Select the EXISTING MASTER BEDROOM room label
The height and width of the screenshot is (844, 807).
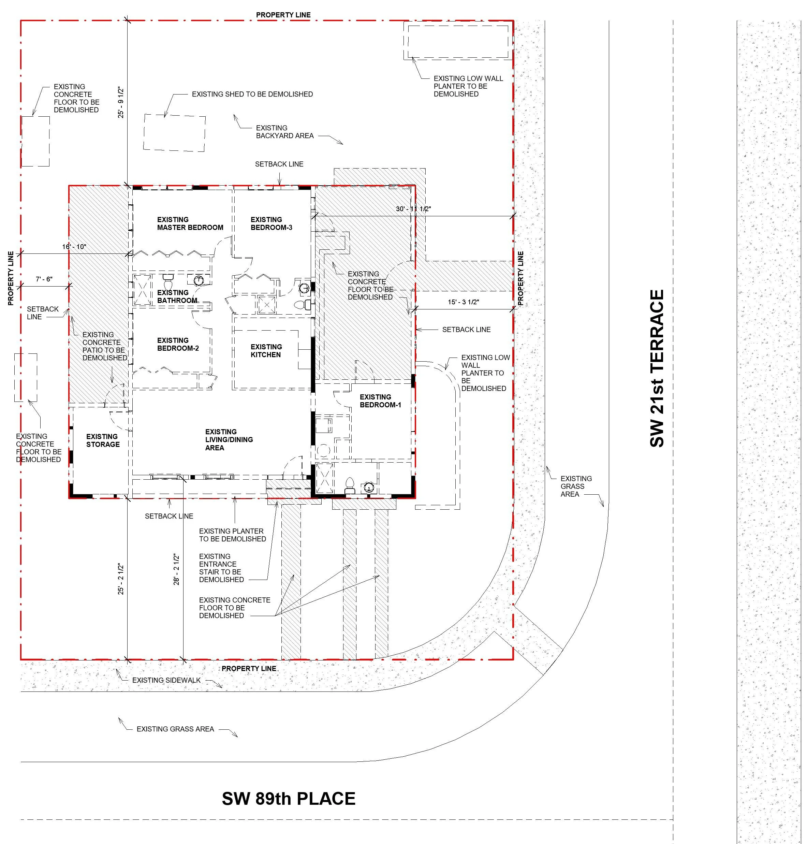click(x=190, y=223)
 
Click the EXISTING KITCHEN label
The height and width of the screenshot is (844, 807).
click(x=266, y=351)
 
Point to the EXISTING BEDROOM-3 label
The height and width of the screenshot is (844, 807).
click(x=271, y=223)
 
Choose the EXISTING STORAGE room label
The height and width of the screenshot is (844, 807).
click(x=102, y=440)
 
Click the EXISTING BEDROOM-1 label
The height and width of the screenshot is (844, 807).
click(x=380, y=401)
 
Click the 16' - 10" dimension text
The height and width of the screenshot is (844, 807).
click(x=74, y=247)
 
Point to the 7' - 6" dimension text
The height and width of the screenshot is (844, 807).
click(x=44, y=279)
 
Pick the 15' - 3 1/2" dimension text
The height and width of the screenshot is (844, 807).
click(x=463, y=302)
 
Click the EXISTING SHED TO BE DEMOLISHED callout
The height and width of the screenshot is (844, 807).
click(x=252, y=94)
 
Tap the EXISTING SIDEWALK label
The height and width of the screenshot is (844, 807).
click(x=166, y=680)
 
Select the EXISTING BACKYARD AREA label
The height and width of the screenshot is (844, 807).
click(x=284, y=132)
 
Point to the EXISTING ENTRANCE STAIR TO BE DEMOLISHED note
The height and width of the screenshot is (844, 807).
click(x=221, y=568)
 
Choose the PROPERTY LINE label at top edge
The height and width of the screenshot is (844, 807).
click(x=283, y=15)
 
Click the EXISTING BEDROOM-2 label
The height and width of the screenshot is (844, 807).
click(x=178, y=344)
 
